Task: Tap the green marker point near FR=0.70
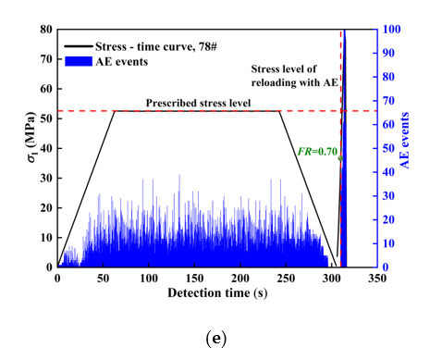pos(340,158)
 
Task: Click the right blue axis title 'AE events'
pos(404,148)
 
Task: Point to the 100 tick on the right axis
pos(391,30)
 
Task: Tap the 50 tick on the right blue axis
pos(389,148)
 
